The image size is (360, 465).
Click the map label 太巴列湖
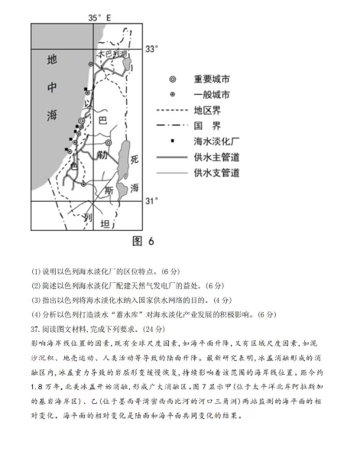(110, 54)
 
